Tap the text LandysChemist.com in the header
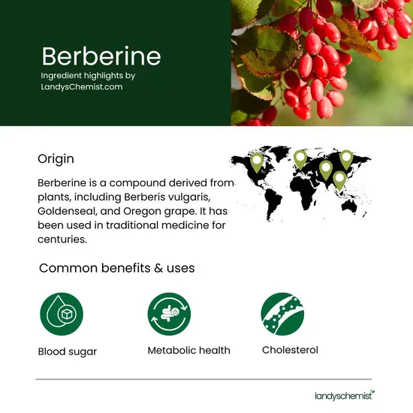point(82,87)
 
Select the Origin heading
point(56,159)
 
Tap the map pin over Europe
point(300,158)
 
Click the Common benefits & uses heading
point(116,268)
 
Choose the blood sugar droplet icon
point(62,314)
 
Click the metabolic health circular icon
point(170,314)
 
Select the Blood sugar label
point(68,351)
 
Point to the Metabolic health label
point(188,351)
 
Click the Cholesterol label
point(290,350)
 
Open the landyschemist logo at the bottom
point(344,395)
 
